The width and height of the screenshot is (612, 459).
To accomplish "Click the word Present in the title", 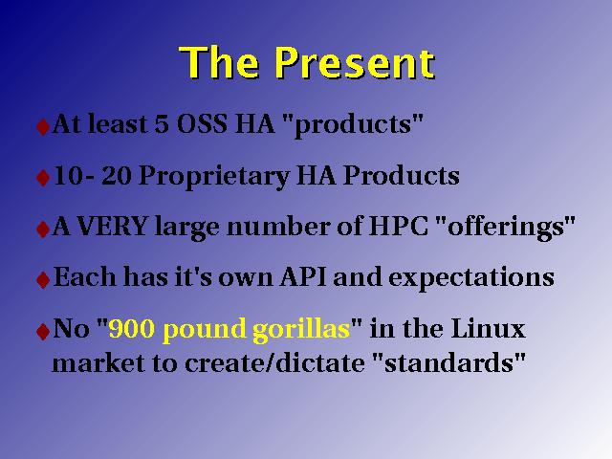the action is click(x=354, y=63).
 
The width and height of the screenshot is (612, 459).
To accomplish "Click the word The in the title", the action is click(x=219, y=62).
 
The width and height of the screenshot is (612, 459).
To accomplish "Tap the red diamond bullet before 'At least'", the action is click(x=42, y=126).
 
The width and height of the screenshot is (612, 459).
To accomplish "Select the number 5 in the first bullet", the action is click(x=162, y=124).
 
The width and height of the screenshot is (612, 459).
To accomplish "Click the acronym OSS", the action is click(x=202, y=124).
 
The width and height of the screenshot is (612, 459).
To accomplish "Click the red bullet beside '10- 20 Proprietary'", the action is click(x=42, y=178).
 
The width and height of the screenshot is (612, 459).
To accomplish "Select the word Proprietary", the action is click(x=214, y=177).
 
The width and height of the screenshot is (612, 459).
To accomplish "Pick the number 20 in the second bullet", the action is click(x=116, y=176).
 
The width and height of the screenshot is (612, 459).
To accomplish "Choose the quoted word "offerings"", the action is click(x=504, y=228).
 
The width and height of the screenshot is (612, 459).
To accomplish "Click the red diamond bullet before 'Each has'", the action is click(x=42, y=279).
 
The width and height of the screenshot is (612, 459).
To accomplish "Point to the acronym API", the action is click(x=303, y=277).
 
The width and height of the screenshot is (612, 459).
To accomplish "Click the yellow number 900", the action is click(x=132, y=329).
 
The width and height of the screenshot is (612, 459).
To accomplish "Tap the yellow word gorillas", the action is click(x=301, y=331).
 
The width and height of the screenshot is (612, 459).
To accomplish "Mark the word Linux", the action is click(x=488, y=328).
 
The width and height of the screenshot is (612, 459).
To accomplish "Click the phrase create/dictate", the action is click(x=274, y=363).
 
